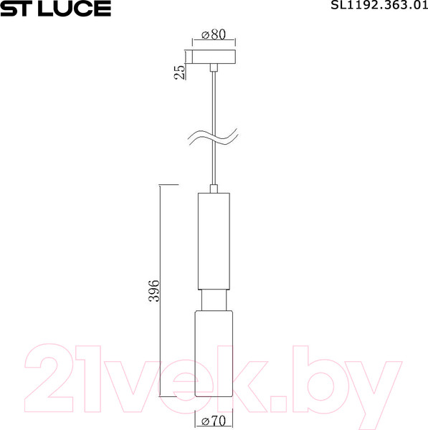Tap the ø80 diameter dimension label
(x=214, y=34)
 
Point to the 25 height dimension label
(x=179, y=70)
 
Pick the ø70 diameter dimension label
(x=214, y=420)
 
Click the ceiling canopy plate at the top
(x=214, y=57)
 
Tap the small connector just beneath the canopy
(x=214, y=68)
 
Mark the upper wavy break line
(x=214, y=133)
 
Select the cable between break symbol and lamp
(x=214, y=168)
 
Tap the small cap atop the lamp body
(x=214, y=188)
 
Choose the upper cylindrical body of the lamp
(x=214, y=240)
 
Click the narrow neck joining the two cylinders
(x=214, y=299)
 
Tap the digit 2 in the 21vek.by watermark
(x=50, y=373)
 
